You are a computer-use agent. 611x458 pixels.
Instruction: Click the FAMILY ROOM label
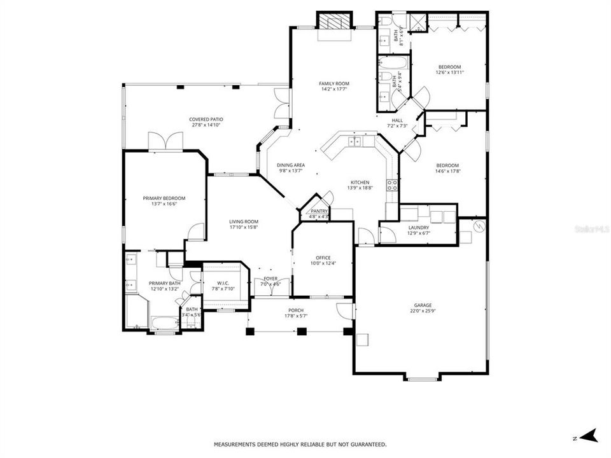pos(334,83)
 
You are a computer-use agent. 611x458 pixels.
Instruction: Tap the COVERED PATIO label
pos(206,119)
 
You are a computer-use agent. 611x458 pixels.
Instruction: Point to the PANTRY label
pos(318,211)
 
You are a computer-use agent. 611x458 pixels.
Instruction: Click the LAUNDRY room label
pos(418,227)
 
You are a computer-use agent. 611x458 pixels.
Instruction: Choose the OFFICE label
pos(323,257)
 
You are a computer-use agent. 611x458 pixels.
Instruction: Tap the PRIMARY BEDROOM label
pos(164,198)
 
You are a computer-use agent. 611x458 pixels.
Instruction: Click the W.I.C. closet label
pos(223,283)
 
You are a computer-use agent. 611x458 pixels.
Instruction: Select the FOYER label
pos(270,279)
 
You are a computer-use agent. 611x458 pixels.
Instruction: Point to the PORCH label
pos(295,310)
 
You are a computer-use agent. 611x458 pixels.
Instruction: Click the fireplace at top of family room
pos(334,23)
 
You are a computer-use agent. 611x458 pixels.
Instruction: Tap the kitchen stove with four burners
pos(394,185)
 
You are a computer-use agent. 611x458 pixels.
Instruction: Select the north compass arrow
pos(589,436)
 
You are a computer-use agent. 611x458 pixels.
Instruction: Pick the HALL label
pos(397,120)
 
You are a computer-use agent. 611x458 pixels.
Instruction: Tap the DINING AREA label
pos(290,165)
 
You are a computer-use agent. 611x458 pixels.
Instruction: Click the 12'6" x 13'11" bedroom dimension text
pos(449,73)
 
